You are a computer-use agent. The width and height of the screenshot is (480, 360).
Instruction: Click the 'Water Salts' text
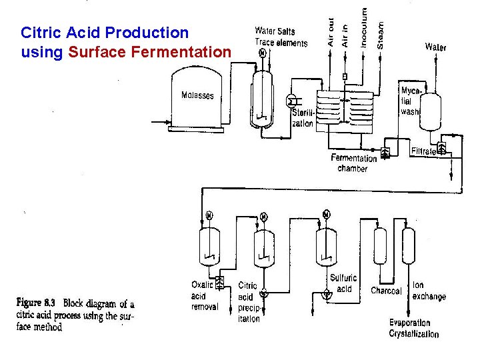tap(275, 31)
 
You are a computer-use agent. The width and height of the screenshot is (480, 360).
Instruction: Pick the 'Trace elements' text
tap(281, 43)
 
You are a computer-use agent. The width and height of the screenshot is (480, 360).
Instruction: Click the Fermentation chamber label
tap(353, 163)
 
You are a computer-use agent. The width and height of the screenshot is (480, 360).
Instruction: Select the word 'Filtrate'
tap(424, 151)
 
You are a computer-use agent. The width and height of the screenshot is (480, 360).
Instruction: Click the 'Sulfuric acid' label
tap(343, 283)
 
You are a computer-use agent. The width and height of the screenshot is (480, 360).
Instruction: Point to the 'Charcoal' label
tap(386, 291)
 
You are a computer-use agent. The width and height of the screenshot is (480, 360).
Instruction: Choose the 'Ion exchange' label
tap(428, 291)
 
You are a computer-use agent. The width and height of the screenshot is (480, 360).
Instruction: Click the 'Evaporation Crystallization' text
tap(414, 328)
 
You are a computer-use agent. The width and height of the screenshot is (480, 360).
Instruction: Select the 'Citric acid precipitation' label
tap(247, 302)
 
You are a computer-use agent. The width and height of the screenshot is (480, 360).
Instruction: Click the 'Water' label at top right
tap(435, 47)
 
